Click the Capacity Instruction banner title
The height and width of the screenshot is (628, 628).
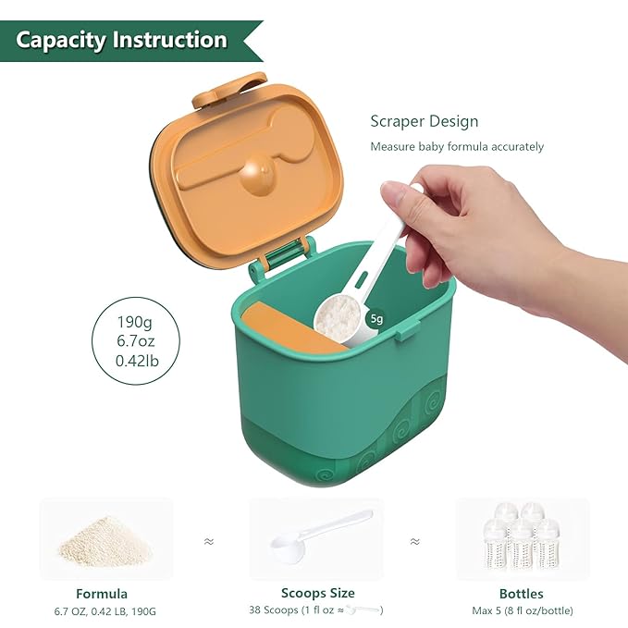click(121, 40)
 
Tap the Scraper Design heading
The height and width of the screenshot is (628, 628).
click(425, 121)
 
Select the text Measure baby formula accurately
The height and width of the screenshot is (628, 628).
click(457, 146)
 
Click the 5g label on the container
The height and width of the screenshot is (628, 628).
click(376, 319)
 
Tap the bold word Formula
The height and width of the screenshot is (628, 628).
click(102, 593)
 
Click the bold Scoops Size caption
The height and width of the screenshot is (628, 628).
click(317, 593)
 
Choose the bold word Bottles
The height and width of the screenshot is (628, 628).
click(521, 593)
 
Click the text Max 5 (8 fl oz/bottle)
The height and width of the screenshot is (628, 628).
click(521, 610)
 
